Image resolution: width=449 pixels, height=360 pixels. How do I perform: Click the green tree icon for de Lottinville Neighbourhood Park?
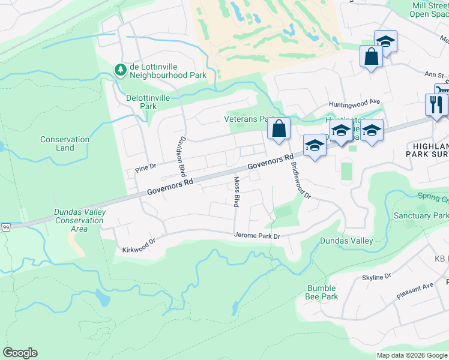(121, 70)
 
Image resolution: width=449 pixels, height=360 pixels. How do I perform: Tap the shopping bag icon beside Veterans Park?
(279, 128)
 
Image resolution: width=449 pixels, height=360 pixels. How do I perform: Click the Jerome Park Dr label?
(258, 236)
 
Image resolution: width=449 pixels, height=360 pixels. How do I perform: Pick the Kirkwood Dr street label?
(139, 245)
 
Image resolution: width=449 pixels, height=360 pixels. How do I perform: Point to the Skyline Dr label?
(376, 277)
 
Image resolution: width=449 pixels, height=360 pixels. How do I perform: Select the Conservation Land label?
(65, 143)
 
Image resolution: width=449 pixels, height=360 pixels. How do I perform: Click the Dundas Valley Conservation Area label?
(80, 220)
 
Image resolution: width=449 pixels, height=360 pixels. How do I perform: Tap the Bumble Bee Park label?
(322, 292)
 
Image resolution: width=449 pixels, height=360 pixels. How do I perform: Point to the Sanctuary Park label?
(421, 215)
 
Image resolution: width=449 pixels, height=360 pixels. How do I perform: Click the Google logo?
(20, 353)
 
